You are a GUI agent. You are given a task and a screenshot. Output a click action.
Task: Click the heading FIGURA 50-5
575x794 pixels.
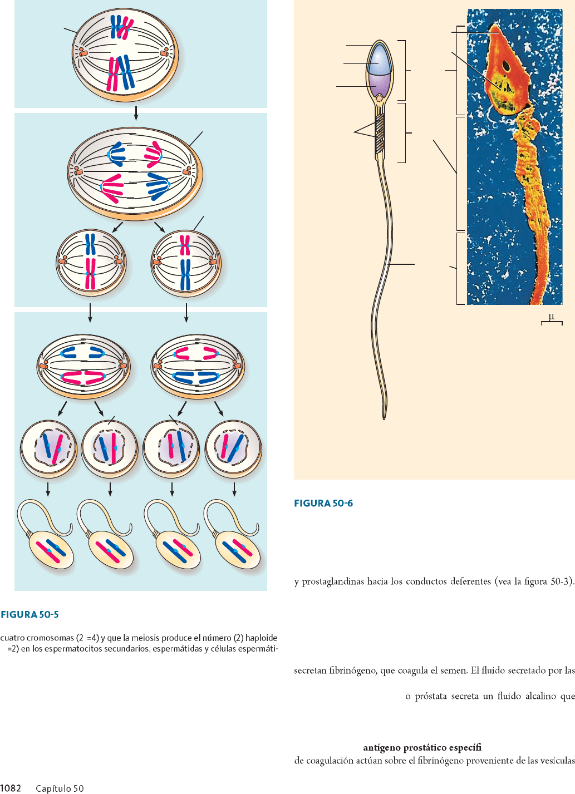click(30, 614)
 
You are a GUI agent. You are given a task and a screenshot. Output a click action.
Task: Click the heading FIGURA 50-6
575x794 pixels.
click(323, 503)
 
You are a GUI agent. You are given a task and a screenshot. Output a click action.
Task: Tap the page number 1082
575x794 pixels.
click(11, 788)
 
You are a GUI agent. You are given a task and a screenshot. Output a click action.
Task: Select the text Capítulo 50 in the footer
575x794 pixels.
click(60, 788)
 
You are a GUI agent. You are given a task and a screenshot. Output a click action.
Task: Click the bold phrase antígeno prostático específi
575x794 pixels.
click(422, 747)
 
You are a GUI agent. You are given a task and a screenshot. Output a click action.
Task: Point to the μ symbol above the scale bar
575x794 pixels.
click(552, 317)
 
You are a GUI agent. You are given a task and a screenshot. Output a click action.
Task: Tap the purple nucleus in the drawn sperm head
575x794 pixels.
click(380, 84)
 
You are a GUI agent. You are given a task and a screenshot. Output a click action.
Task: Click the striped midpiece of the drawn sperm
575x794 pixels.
click(380, 134)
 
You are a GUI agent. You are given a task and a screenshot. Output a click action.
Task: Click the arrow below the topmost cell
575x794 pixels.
click(136, 114)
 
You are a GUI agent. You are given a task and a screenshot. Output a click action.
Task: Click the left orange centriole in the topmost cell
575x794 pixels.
click(82, 53)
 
